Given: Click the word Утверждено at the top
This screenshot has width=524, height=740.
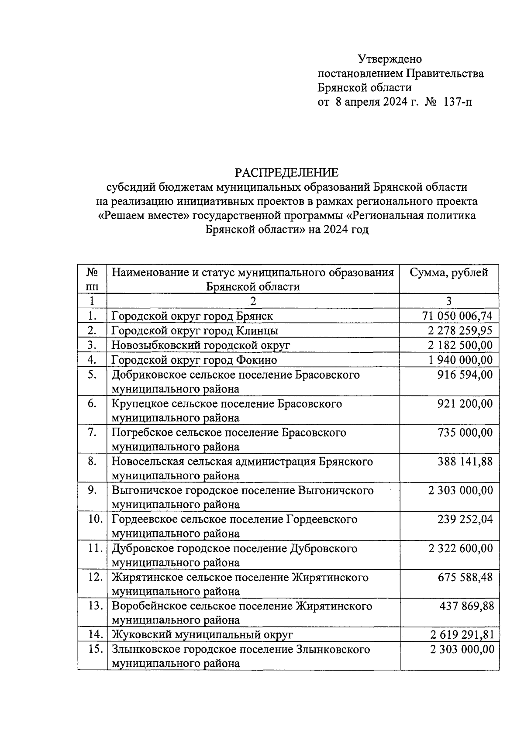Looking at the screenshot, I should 390,59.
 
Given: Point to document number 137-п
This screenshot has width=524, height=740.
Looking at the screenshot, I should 457,103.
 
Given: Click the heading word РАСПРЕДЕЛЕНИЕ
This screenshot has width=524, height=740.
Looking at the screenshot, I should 286,173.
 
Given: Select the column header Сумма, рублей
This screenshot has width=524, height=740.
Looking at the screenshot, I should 448,273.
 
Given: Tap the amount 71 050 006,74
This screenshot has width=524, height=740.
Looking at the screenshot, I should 457,316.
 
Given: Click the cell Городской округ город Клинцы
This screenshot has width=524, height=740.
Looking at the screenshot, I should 195,330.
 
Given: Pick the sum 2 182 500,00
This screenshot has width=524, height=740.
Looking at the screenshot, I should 460,345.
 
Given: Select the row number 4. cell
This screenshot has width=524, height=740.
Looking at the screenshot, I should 92,360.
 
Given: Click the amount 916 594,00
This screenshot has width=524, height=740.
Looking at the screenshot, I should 465,375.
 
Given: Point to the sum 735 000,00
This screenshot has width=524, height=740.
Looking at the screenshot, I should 465,432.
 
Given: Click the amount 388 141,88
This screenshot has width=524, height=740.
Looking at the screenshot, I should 465,461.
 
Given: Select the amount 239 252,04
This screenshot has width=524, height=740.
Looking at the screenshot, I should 465,519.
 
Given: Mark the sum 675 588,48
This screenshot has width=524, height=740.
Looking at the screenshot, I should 465,577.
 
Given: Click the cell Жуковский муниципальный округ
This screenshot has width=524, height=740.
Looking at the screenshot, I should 202,634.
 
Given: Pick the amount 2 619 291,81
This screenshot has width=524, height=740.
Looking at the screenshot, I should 462,634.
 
